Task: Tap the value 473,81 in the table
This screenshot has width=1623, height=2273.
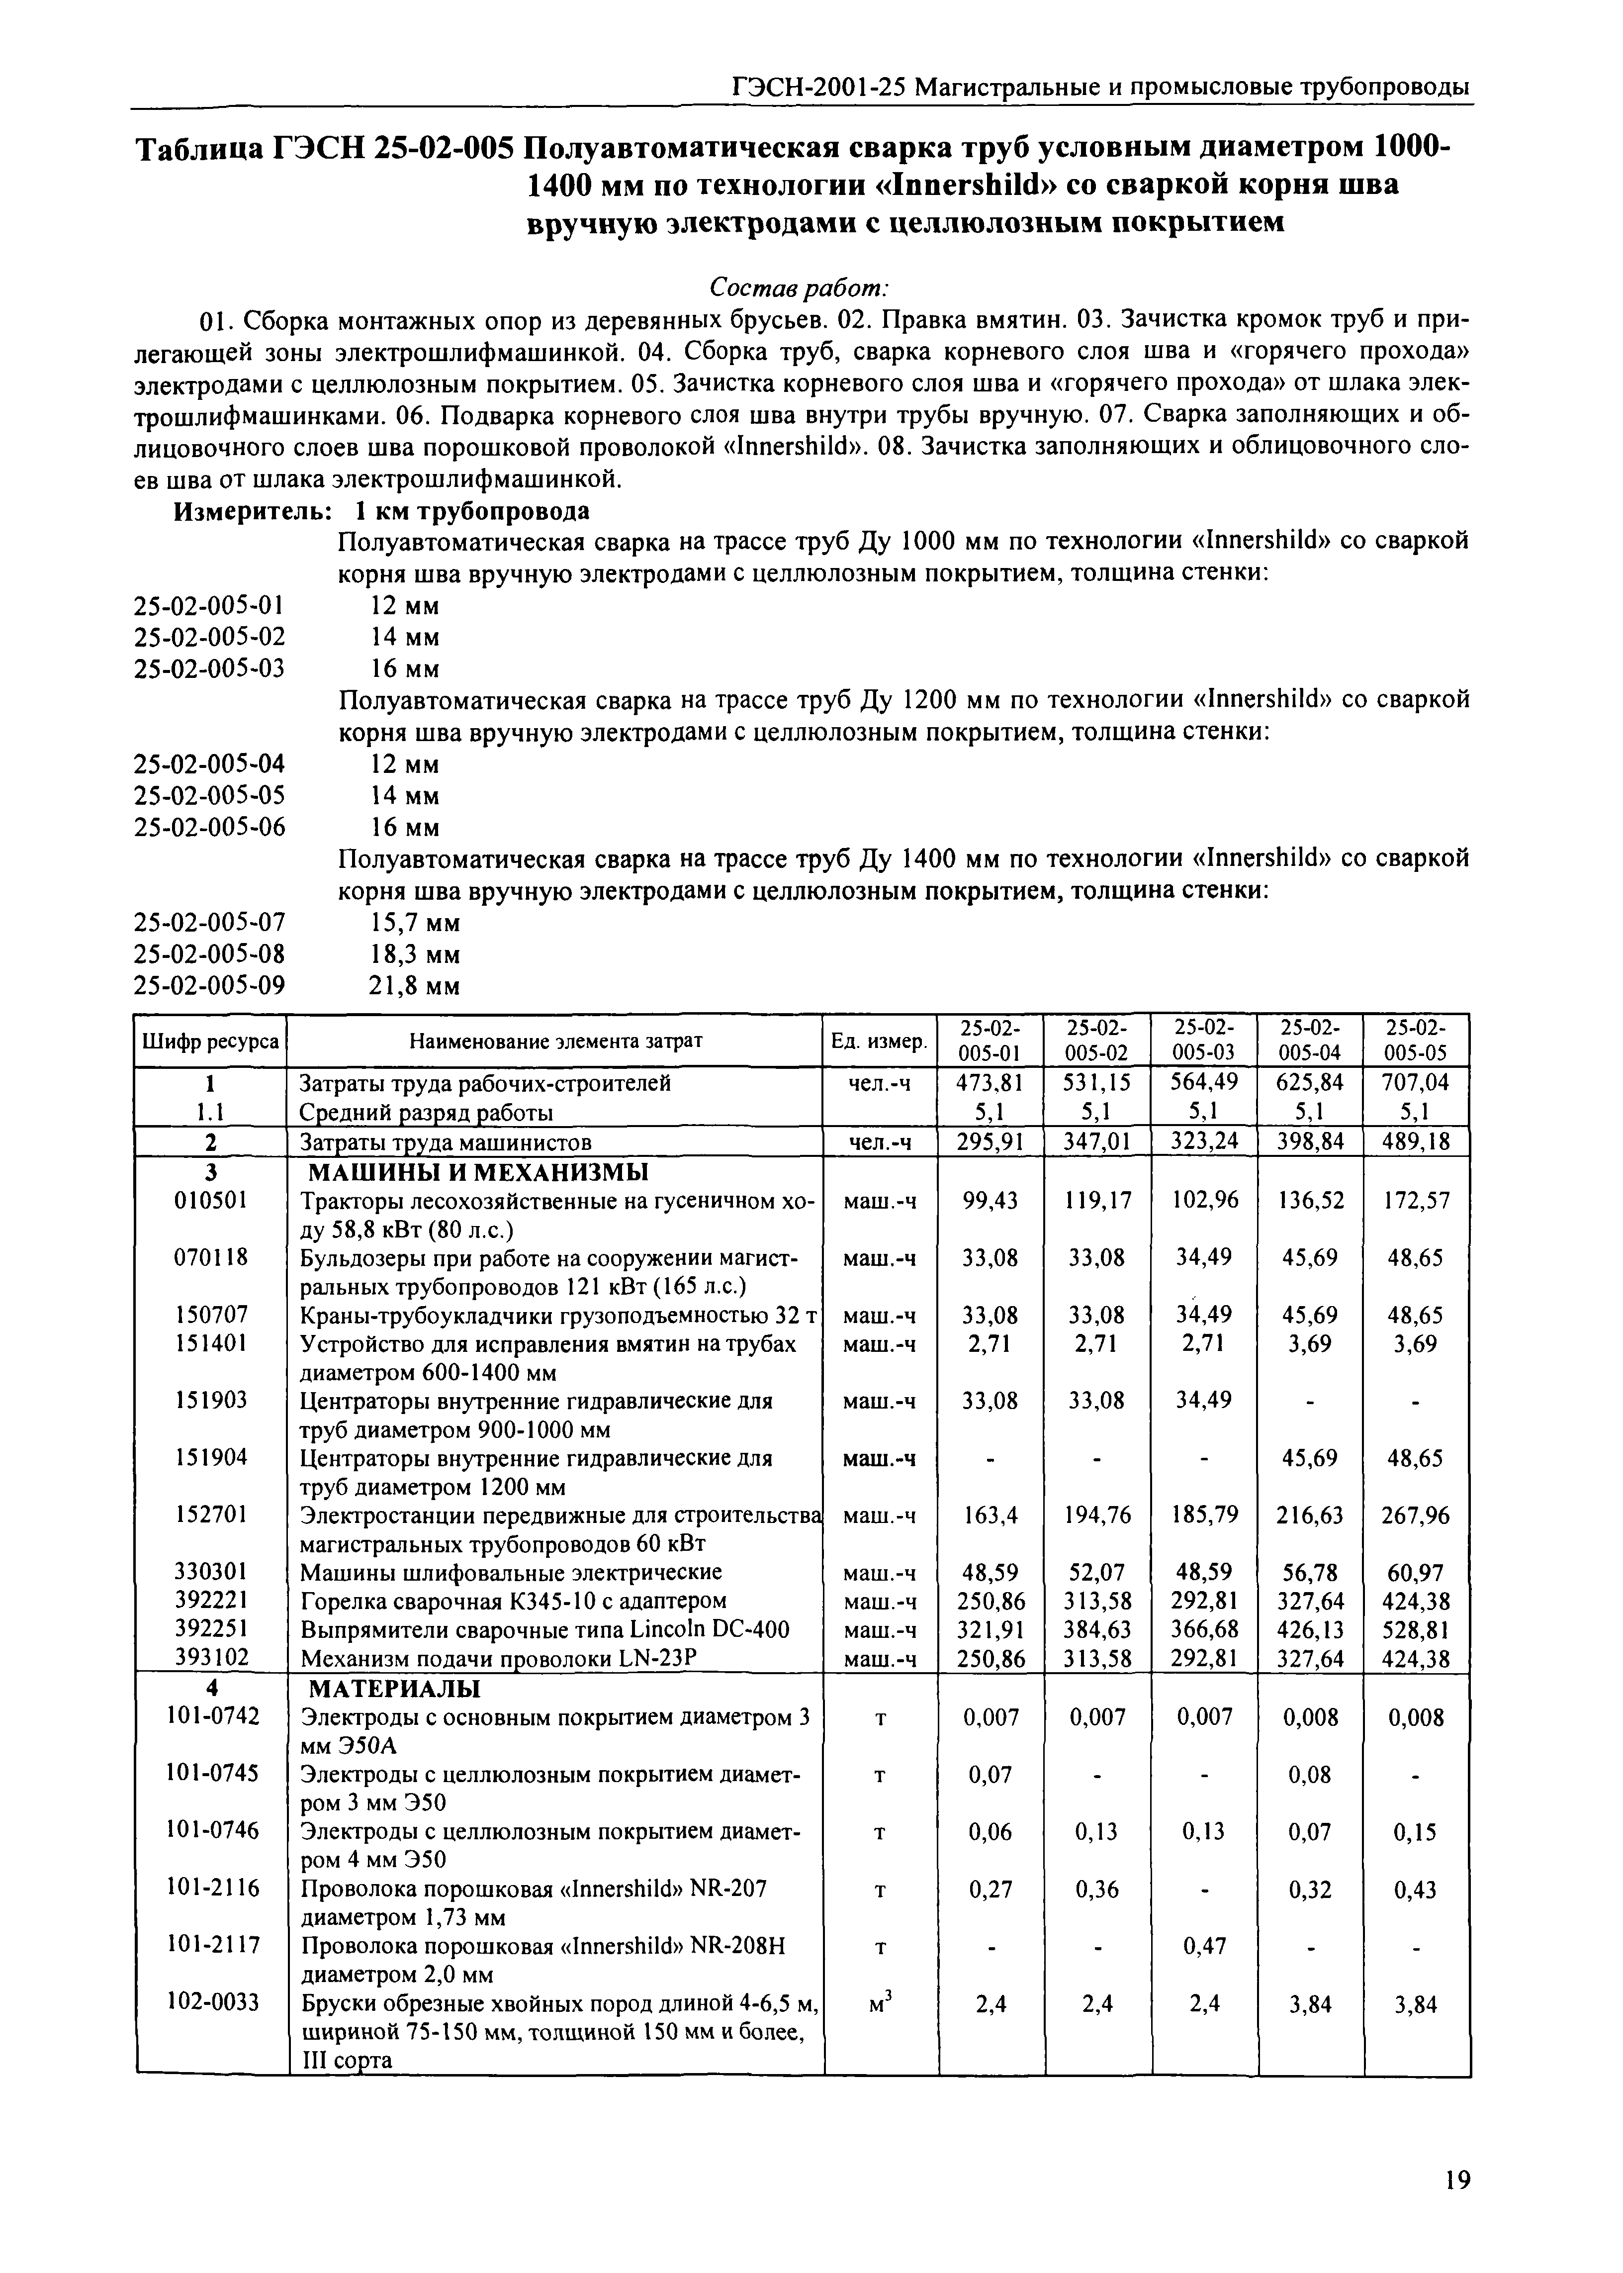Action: point(991,1082)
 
